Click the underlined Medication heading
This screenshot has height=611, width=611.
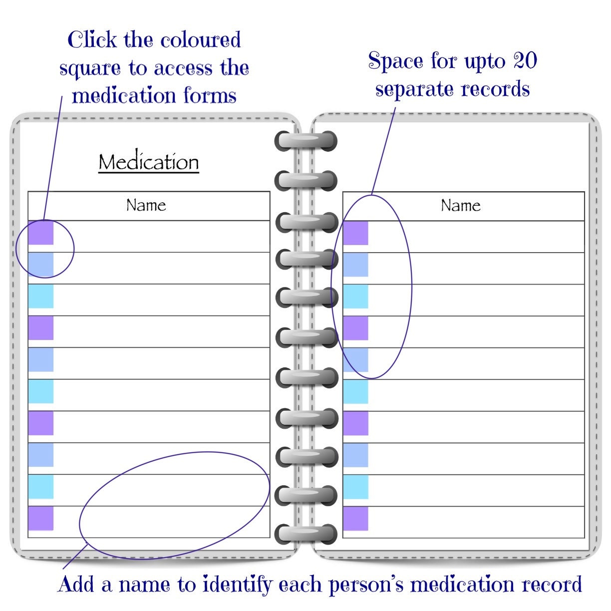click(149, 162)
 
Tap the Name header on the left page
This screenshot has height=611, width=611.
click(146, 205)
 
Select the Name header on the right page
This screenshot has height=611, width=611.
click(460, 205)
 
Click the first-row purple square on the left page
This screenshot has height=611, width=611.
click(40, 233)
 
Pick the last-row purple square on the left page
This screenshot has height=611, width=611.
click(40, 518)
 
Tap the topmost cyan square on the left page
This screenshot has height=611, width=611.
click(40, 296)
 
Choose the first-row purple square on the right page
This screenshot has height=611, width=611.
click(355, 233)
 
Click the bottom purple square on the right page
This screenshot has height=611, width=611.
click(355, 519)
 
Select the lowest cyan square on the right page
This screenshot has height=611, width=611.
click(355, 487)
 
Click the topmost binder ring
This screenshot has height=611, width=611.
click(305, 141)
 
